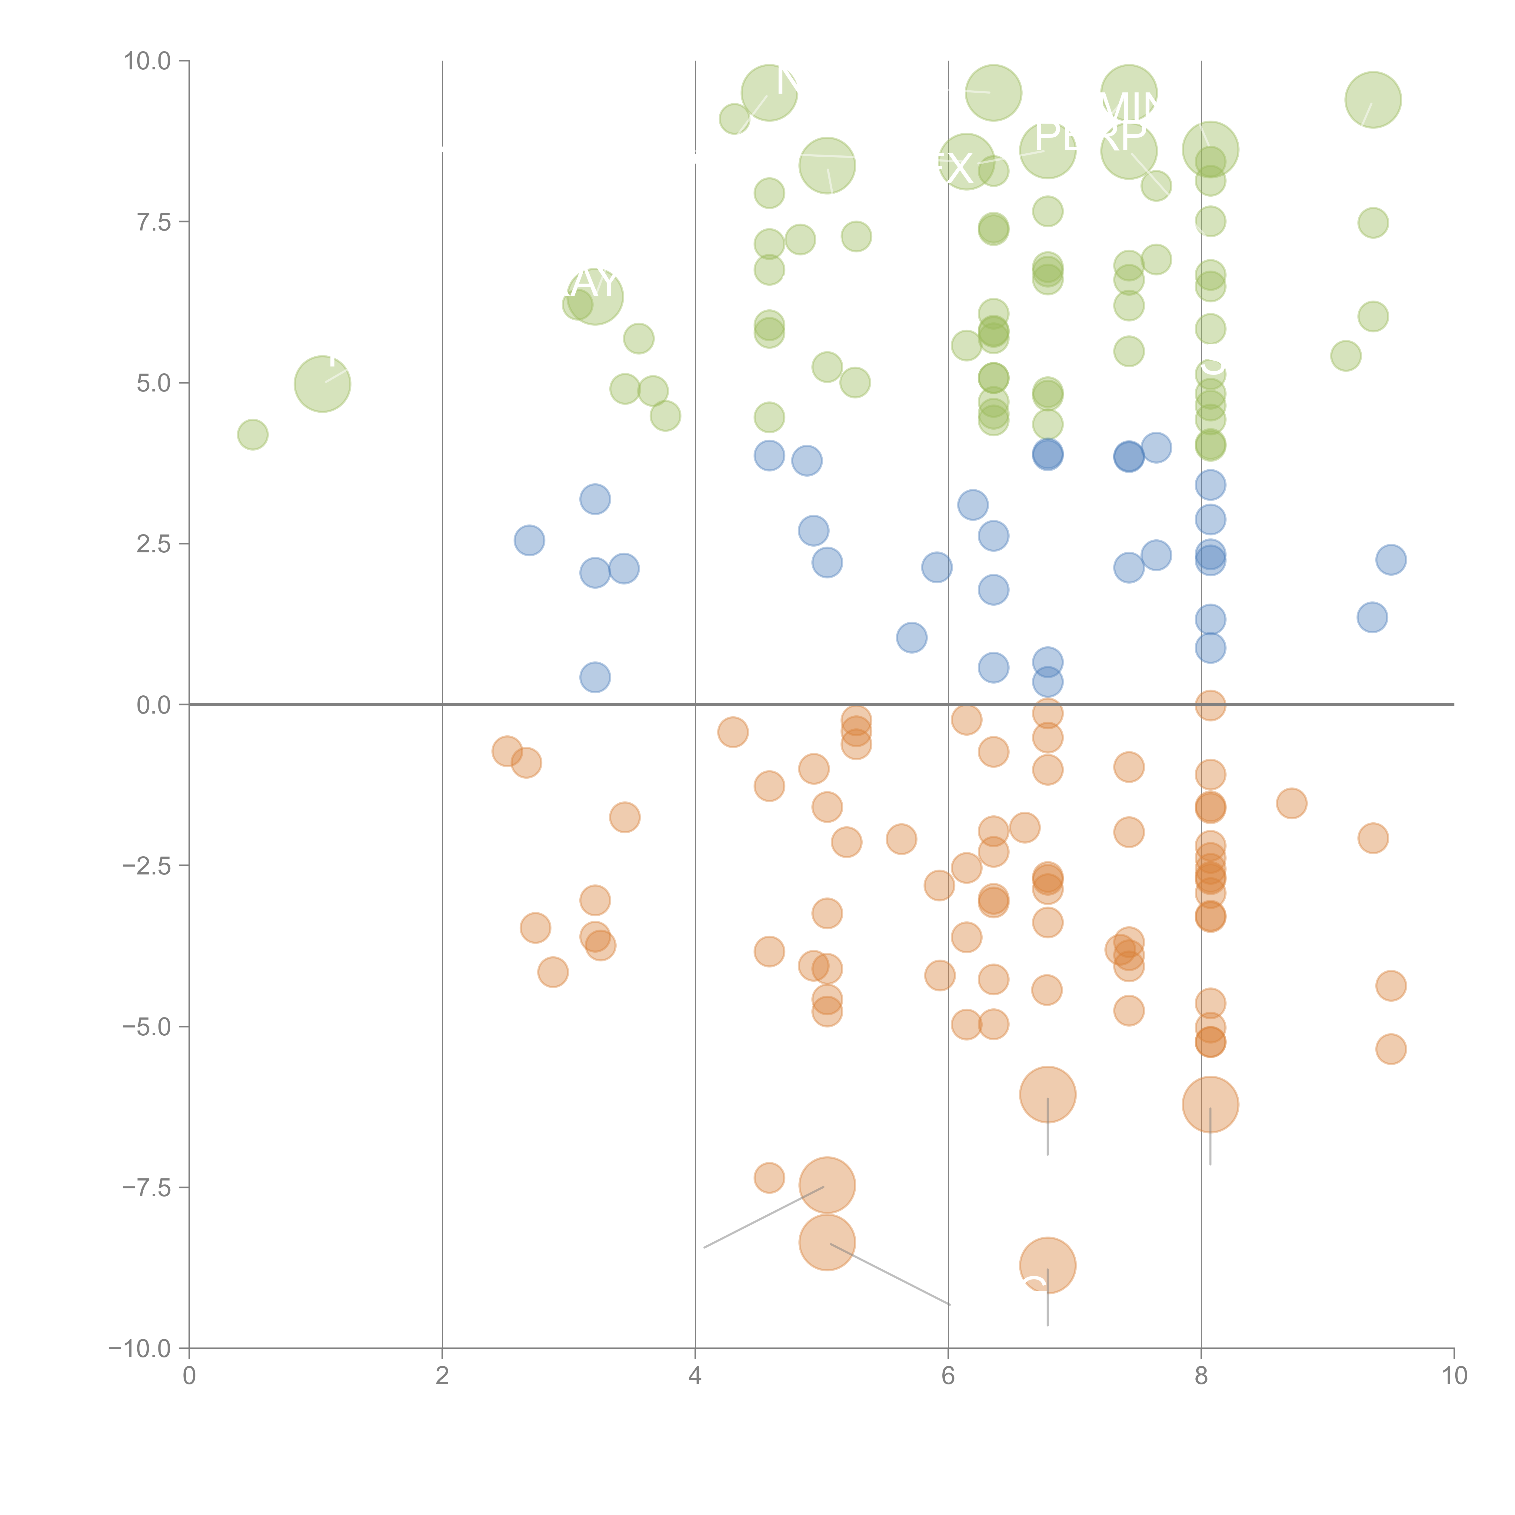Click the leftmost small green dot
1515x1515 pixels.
252,435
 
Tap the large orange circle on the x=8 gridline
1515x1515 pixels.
1210,1104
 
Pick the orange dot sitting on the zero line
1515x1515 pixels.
1210,705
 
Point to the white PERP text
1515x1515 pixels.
1090,137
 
